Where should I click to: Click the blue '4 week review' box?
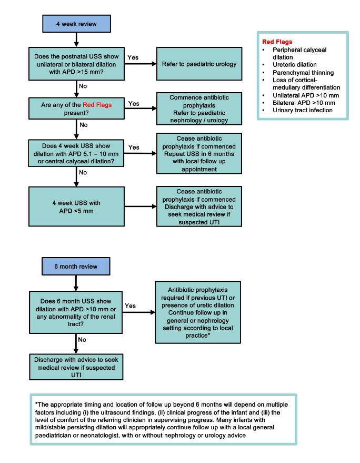point(76,24)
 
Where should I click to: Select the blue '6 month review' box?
point(76,267)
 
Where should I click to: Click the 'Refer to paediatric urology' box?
point(199,64)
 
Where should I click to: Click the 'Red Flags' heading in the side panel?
point(277,42)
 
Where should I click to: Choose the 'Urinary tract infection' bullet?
point(303,110)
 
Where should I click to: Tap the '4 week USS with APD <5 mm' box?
point(76,206)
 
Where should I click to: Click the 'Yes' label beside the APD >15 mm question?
point(134,57)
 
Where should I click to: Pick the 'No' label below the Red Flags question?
point(83,125)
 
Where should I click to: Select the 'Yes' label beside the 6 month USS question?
point(130,306)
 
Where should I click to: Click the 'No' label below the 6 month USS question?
point(82,340)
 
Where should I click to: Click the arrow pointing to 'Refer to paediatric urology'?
point(140,64)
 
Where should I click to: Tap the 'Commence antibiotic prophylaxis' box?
point(199,109)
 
